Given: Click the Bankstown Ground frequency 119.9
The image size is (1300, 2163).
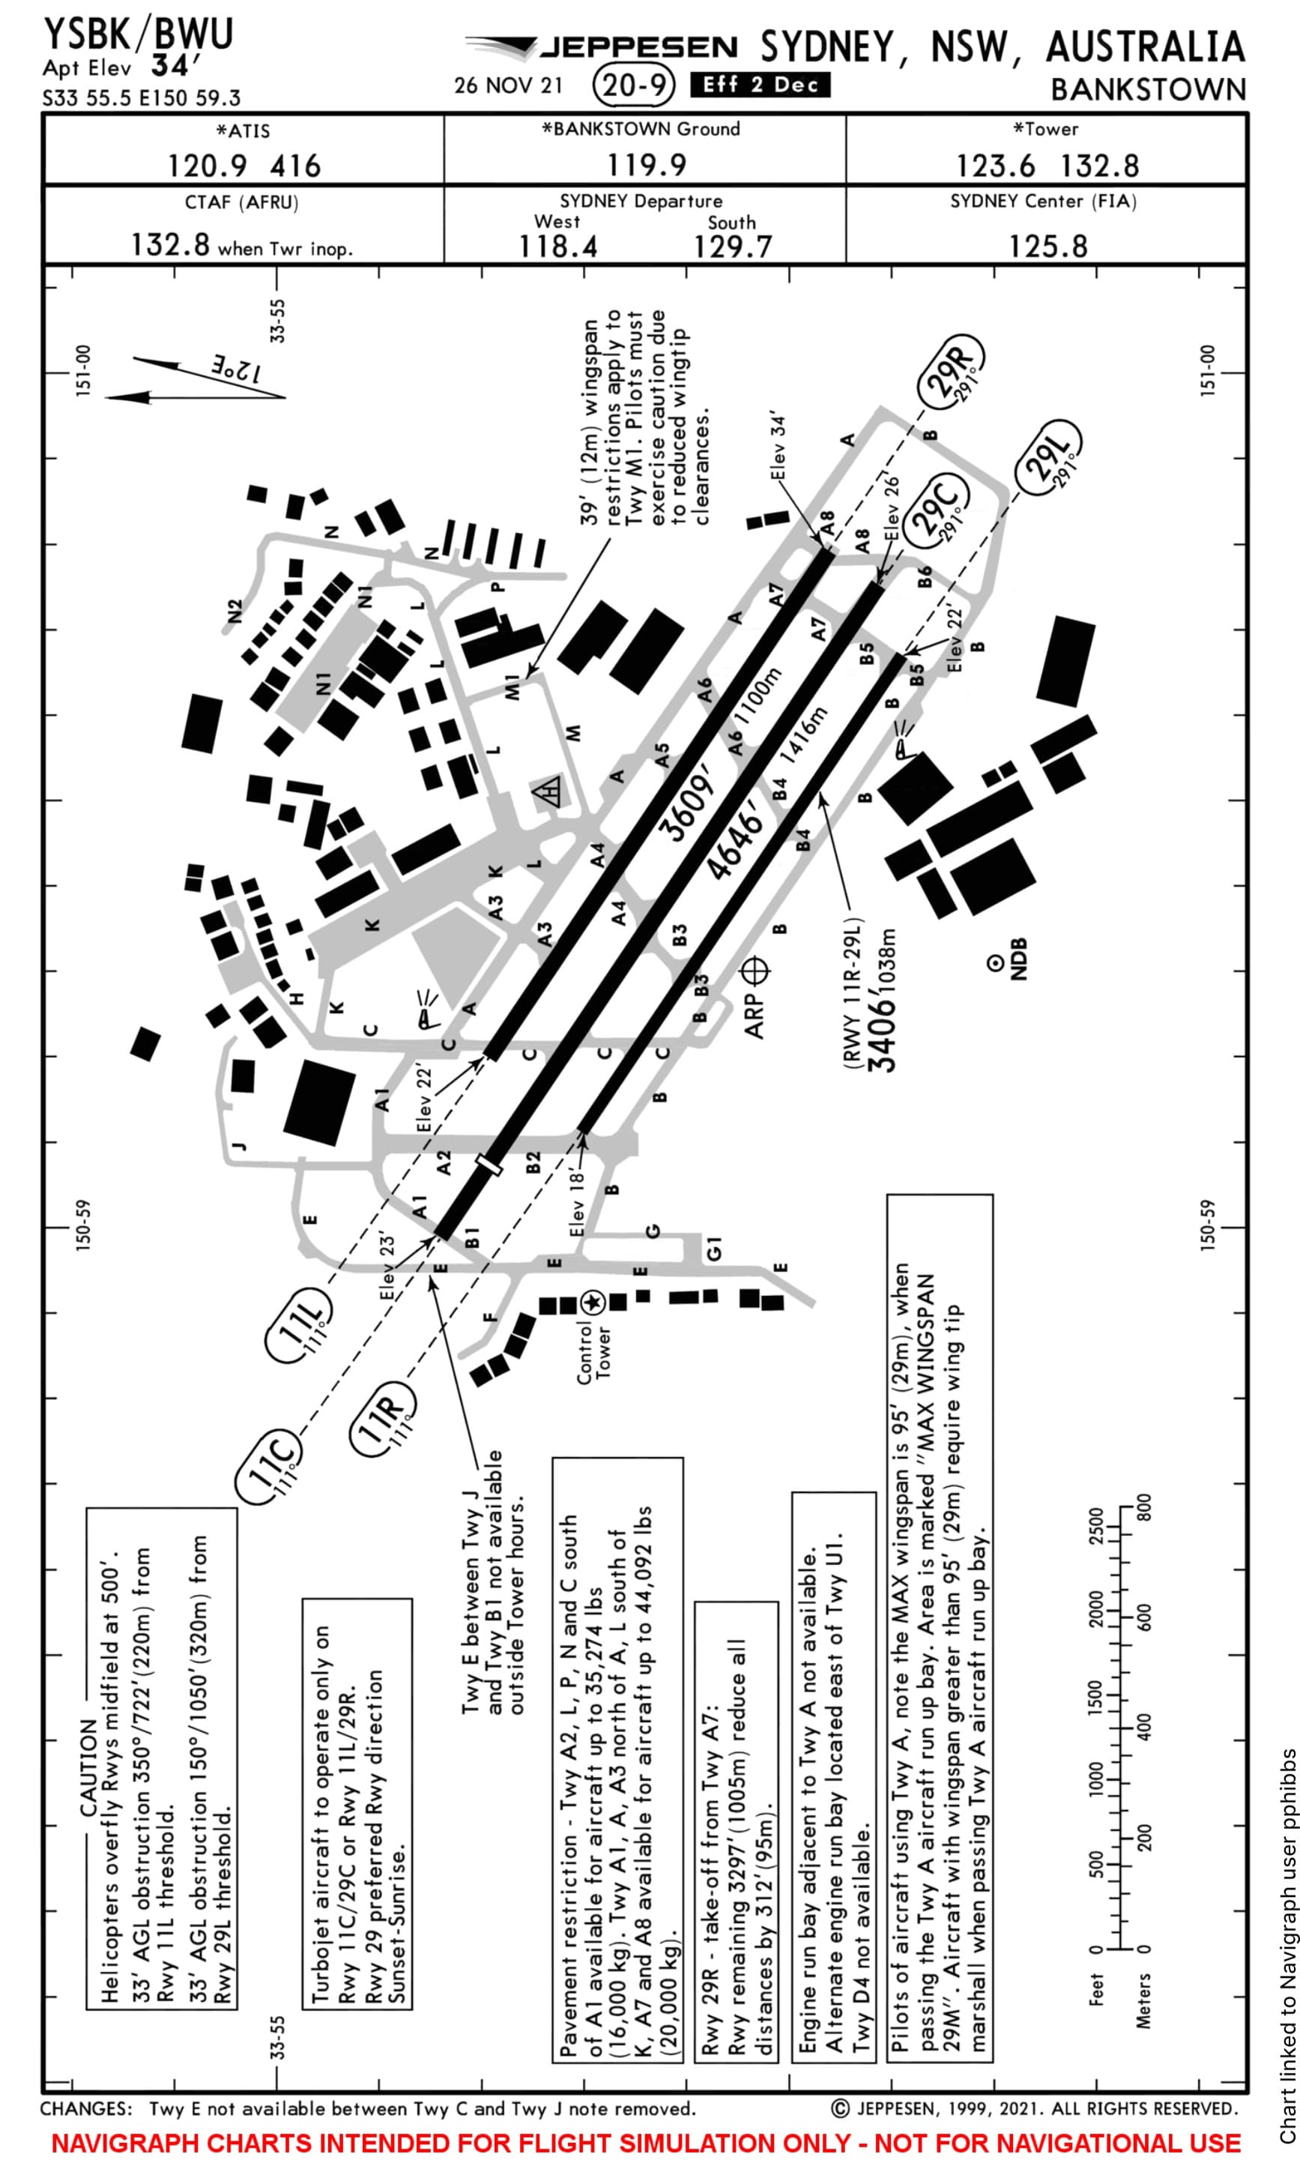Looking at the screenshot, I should click(x=647, y=165).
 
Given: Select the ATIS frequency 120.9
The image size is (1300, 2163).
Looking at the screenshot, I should click(x=207, y=166).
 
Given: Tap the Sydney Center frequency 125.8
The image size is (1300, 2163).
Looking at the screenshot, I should click(x=1047, y=246).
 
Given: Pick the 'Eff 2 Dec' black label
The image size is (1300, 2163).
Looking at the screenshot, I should click(x=760, y=85).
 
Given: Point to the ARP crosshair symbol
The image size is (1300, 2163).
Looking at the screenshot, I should click(x=755, y=971).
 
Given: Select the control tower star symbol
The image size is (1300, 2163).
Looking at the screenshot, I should click(x=593, y=1303).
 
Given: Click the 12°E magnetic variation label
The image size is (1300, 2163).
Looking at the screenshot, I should click(x=235, y=369).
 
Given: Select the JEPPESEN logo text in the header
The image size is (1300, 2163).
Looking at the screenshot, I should click(x=638, y=46).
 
